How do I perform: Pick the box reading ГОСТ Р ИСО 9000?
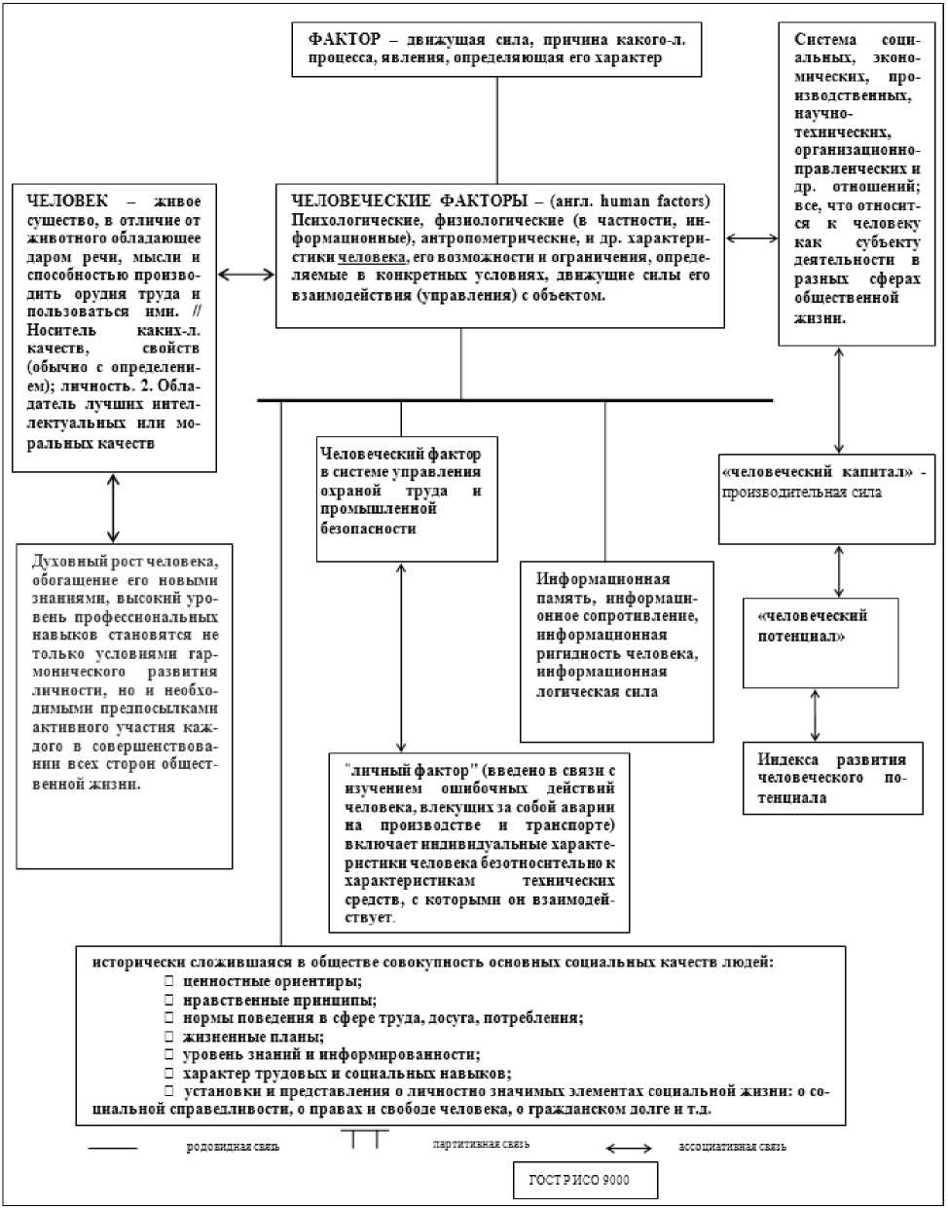pos(586,1180)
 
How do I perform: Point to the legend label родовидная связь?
pos(233,1147)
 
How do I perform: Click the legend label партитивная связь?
pos(481,1145)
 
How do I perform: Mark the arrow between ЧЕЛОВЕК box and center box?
pos(246,275)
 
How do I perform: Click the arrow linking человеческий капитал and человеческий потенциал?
pos(839,571)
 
